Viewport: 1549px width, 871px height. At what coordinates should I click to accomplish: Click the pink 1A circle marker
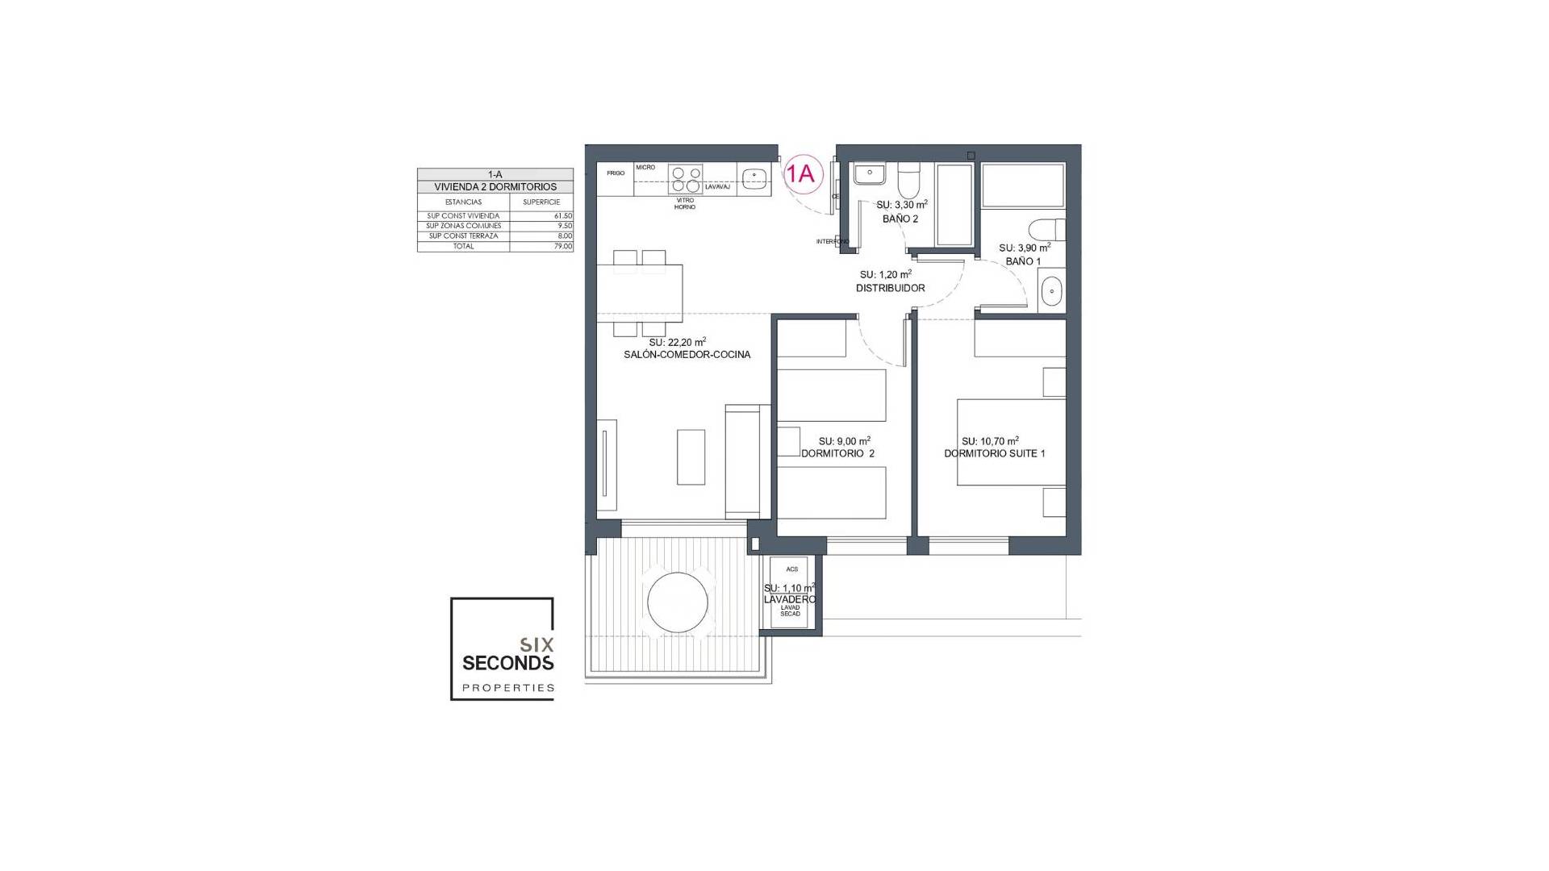tap(804, 173)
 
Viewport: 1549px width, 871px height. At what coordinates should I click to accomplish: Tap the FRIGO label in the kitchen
tap(616, 173)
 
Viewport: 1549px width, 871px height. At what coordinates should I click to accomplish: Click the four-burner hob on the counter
tap(686, 178)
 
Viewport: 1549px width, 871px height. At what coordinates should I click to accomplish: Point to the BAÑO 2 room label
tap(900, 219)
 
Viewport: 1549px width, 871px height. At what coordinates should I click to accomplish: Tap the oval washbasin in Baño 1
tap(1051, 290)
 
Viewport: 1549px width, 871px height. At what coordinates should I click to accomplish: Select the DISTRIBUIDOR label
tap(890, 288)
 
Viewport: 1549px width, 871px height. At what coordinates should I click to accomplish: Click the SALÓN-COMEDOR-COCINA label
tap(687, 354)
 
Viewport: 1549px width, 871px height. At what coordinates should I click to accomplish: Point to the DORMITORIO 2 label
tap(837, 453)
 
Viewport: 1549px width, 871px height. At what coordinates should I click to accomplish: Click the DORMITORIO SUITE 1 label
tap(994, 453)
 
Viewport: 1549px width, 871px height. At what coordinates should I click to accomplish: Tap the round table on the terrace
tap(678, 602)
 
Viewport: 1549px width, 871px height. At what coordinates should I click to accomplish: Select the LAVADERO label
tap(789, 599)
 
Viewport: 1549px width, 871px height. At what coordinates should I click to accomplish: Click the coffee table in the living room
tap(691, 456)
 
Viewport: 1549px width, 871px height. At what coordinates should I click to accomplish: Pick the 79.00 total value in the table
tap(562, 246)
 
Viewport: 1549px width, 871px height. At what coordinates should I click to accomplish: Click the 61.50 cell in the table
tap(562, 216)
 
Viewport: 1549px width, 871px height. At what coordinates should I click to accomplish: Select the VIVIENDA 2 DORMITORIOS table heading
tap(495, 187)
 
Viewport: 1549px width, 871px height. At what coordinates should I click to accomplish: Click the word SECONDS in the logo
tap(507, 663)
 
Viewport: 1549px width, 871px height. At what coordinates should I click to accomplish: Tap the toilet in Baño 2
tap(908, 181)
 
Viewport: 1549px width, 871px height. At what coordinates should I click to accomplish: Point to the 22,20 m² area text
tap(677, 342)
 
